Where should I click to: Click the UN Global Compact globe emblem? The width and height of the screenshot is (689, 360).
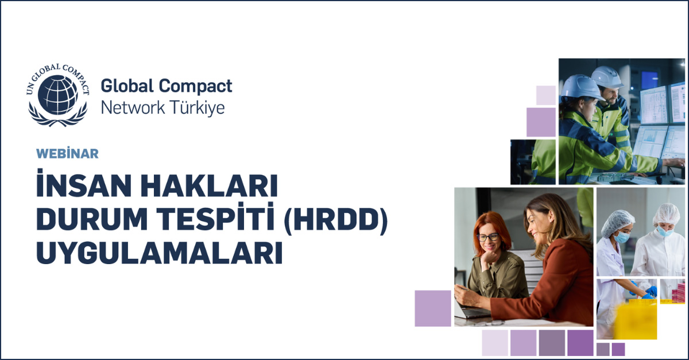tap(58, 95)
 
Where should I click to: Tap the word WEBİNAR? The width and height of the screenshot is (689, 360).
tap(67, 153)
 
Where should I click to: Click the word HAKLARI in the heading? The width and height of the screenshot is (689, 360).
tap(210, 185)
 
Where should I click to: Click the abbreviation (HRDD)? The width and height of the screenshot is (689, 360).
tap(335, 220)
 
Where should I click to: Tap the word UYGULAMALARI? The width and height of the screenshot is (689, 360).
tap(160, 253)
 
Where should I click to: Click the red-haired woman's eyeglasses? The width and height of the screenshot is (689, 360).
tap(488, 237)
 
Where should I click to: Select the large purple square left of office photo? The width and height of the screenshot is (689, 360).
tap(433, 308)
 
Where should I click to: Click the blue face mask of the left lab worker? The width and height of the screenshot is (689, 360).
tap(621, 237)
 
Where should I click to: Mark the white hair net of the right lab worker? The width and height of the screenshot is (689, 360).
tap(666, 214)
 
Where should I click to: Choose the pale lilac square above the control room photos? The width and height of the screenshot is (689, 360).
tap(546, 95)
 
